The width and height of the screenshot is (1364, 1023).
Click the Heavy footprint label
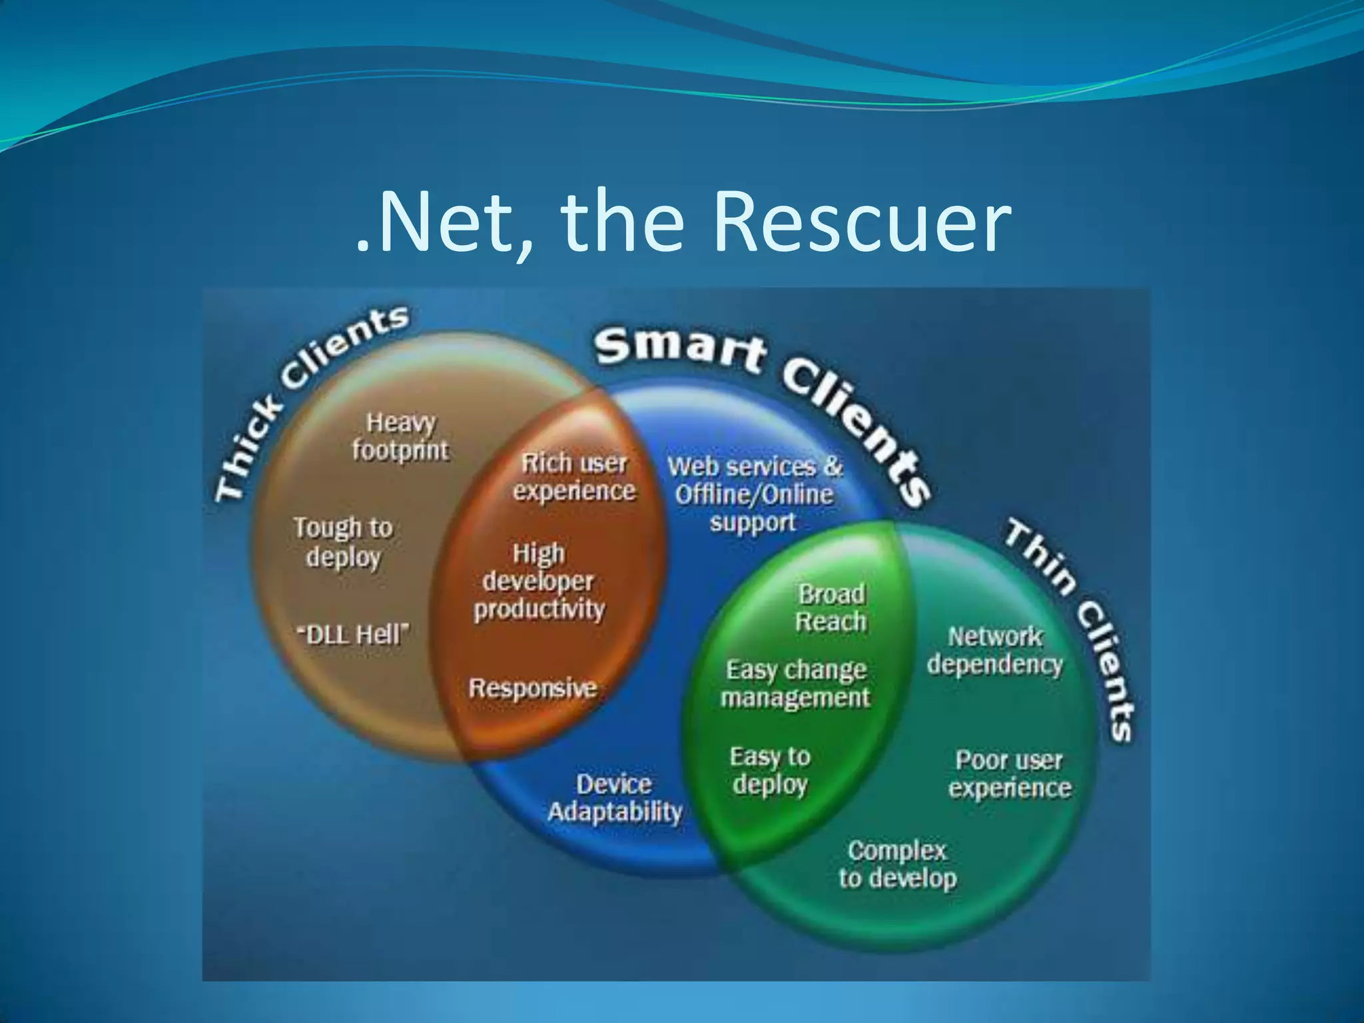(401, 437)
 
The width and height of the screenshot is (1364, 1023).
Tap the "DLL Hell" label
(353, 634)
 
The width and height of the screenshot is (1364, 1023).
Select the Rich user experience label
(574, 477)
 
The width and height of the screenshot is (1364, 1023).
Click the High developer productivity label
(539, 581)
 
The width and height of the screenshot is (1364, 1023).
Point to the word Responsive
(532, 688)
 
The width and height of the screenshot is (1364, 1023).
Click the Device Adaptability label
(614, 798)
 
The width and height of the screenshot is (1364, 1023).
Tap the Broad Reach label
(831, 607)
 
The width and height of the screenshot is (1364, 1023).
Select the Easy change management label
(796, 683)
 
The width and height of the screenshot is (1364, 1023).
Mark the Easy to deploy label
(770, 771)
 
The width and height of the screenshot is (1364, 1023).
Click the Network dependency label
(995, 650)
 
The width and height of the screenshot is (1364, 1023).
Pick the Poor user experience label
(1010, 774)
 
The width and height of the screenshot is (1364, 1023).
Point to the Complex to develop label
(898, 864)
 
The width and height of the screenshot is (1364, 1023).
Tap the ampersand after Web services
(833, 466)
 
